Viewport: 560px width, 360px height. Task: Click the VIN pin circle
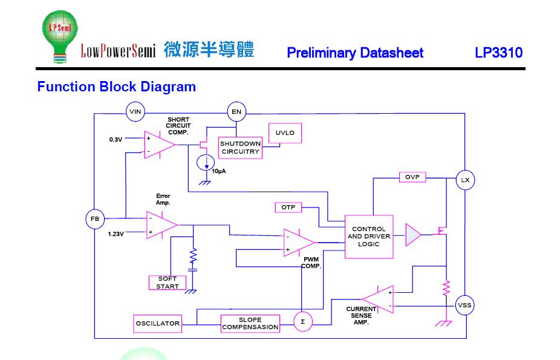pos(135,112)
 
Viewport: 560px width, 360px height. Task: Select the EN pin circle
pos(236,112)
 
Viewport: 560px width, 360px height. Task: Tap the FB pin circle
pos(95,219)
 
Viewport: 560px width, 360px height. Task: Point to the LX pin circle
pos(466,180)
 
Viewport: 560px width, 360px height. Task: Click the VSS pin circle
pos(464,306)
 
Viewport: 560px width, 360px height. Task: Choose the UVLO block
pos(285,133)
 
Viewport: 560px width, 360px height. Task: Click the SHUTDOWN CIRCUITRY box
pos(240,148)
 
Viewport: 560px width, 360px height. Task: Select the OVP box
pos(412,177)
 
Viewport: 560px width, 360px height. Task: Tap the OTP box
pos(288,208)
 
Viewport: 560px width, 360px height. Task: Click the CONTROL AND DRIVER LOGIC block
pos(369,237)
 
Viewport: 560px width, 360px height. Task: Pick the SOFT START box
pos(168,283)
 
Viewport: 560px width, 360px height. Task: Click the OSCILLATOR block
pos(157,324)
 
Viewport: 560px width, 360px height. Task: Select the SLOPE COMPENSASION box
pos(250,324)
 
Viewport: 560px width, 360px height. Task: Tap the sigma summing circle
pos(303,322)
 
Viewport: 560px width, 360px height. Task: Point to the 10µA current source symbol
pos(206,163)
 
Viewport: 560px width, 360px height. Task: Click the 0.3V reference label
pos(116,140)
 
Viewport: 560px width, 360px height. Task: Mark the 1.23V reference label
pos(116,234)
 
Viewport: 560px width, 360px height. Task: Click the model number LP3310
pos(498,53)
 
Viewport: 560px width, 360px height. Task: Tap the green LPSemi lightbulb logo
pos(60,36)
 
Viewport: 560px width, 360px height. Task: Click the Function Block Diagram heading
pos(117,87)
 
